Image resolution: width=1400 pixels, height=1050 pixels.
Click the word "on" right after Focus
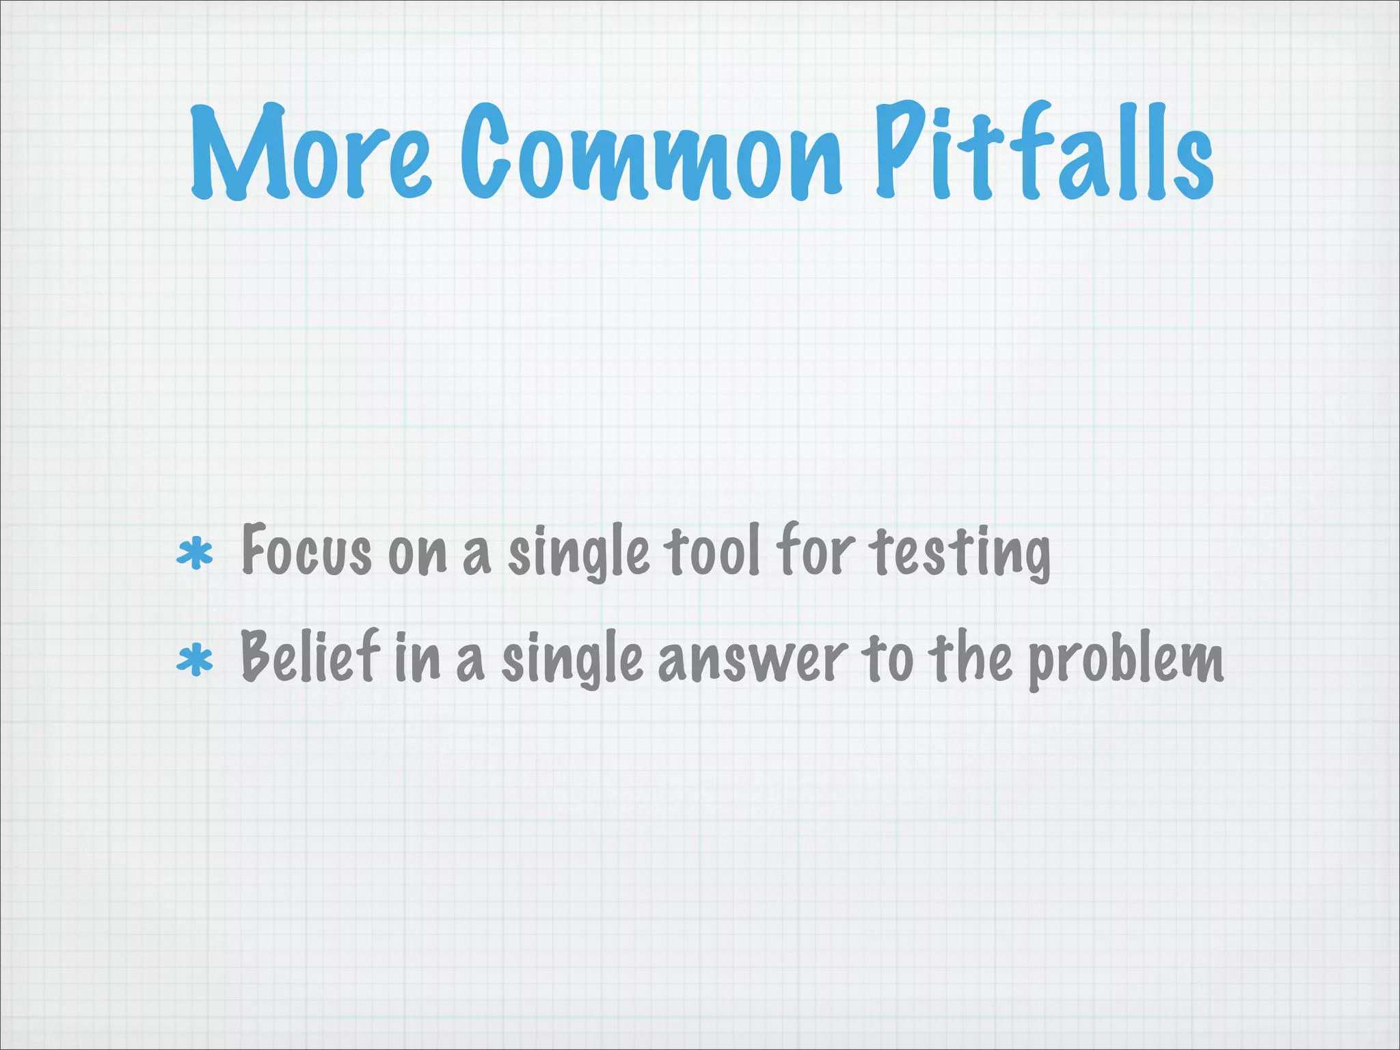coord(417,555)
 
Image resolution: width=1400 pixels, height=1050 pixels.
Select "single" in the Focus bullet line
coord(578,555)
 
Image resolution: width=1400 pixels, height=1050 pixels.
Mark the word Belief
coord(310,656)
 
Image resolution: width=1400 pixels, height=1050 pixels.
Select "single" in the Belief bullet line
coord(572,660)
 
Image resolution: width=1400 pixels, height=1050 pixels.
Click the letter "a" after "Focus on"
coord(476,556)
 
